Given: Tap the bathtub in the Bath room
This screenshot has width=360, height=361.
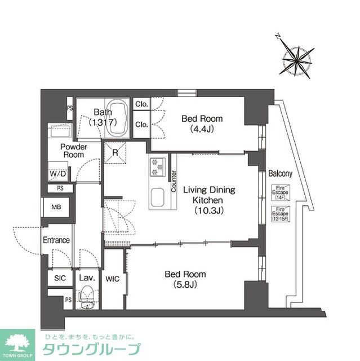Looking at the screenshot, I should [117, 118].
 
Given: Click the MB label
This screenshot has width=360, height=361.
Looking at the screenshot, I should [57, 208].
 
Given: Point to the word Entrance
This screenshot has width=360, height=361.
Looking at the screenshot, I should [56, 240].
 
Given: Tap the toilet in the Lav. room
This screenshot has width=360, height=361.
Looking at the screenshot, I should [87, 297].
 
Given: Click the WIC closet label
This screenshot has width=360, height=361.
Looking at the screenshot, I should [112, 278].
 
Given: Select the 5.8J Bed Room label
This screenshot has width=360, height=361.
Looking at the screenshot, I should [185, 279].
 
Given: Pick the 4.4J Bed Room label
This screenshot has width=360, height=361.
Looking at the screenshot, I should [202, 124].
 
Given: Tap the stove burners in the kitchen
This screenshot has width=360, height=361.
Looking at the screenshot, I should [156, 167].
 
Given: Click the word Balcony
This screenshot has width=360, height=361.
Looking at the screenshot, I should [280, 174].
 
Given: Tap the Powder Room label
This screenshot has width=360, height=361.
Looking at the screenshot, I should [73, 151].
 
